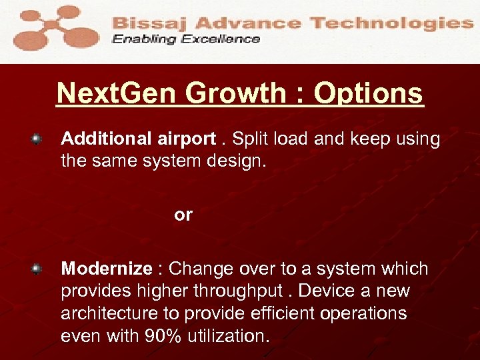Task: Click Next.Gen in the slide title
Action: coord(117,94)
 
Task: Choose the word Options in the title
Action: coord(368,94)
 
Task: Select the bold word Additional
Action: coord(107,139)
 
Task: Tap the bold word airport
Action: coord(187,139)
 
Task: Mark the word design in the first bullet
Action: coord(237,161)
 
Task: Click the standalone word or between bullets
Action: coord(183,215)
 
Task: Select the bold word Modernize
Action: coord(107,269)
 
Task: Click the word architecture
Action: coord(109,314)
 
